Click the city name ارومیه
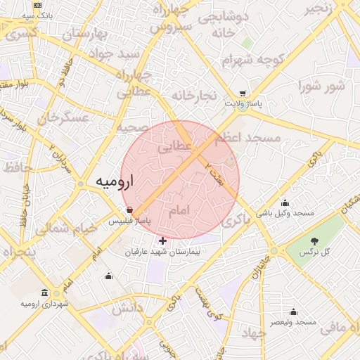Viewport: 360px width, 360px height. pos(115,182)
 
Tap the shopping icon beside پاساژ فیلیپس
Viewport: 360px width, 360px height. pos(130,210)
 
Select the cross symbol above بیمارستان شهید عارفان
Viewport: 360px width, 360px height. pos(163,241)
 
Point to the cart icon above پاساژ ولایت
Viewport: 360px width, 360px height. pos(243,94)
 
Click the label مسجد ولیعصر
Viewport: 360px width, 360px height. pos(295,322)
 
